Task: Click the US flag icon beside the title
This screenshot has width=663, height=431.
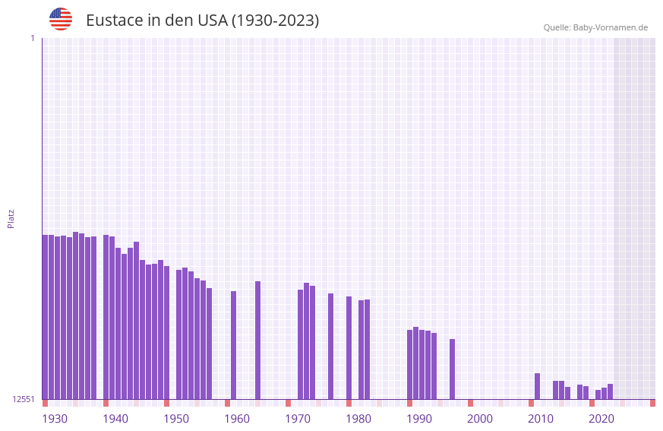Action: coord(61,19)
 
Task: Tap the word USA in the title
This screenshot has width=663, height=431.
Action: coord(212,21)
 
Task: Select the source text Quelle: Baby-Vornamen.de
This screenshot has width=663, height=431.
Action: coord(595,27)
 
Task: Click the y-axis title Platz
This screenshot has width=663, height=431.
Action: coord(11,218)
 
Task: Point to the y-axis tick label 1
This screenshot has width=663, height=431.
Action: coord(32,38)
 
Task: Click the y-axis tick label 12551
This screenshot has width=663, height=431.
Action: coord(23,399)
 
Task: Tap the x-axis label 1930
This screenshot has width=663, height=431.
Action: coord(55,419)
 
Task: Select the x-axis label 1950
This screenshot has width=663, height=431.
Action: coord(176,419)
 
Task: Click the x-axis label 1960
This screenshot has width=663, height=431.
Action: coord(237,419)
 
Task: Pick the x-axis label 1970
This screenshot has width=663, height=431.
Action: coord(298,419)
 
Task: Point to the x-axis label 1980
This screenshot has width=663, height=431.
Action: coord(358,419)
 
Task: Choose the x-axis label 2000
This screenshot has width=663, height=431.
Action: coord(480,419)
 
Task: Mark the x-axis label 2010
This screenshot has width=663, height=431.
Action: coord(541,419)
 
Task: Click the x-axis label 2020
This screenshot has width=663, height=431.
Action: coord(601,419)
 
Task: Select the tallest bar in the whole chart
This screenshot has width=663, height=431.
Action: coord(75,315)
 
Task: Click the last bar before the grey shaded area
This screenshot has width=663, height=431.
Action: coord(610,391)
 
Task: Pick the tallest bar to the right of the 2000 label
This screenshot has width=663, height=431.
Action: coord(537,386)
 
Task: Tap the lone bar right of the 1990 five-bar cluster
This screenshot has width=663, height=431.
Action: coord(452,369)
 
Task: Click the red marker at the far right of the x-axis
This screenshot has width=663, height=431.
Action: coord(652,403)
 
